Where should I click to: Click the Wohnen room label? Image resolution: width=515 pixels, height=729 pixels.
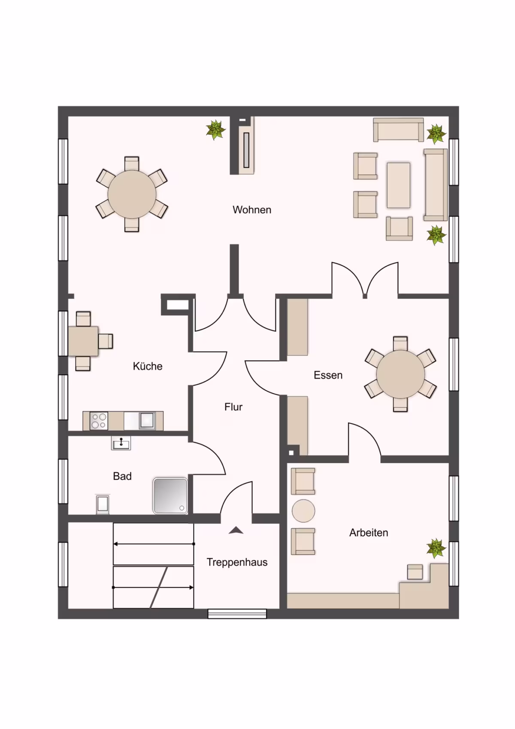point(252,210)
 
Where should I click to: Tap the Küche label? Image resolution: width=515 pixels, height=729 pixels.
point(147,366)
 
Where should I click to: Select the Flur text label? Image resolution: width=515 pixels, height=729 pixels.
point(233,407)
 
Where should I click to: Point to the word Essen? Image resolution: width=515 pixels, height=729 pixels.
point(328,375)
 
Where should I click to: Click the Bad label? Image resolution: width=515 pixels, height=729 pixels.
point(122,476)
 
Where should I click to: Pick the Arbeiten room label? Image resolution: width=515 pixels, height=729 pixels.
point(369,533)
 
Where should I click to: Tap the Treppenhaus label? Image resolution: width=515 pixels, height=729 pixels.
point(237,562)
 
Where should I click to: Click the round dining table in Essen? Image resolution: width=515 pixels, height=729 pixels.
point(400,374)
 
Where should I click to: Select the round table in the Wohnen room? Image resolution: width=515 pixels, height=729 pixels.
point(132,194)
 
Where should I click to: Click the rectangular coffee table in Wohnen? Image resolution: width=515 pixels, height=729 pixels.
point(398,185)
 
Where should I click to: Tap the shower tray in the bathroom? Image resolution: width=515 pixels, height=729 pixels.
point(170,496)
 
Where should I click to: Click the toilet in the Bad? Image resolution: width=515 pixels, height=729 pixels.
point(103,504)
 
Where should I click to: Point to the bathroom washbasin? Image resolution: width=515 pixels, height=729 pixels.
point(121,443)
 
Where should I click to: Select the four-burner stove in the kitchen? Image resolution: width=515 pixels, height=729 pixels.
point(99,421)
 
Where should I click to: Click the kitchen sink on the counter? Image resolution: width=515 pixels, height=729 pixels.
point(147,420)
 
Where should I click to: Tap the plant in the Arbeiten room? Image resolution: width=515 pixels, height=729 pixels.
point(436,548)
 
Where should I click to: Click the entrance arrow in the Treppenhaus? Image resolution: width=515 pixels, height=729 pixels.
point(236,531)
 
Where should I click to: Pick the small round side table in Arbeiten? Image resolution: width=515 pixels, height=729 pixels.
point(303,511)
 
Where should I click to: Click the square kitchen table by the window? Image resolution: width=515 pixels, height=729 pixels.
point(83,341)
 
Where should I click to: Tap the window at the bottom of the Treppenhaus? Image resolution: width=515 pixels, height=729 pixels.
point(237,614)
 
